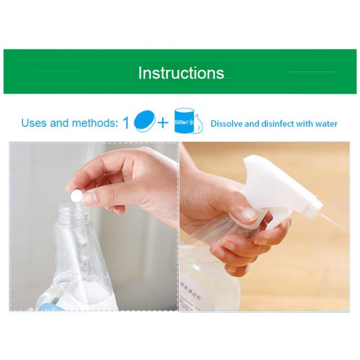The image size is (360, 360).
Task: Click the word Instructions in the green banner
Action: coord(180,72)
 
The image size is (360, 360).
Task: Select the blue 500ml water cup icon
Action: coord(184,121)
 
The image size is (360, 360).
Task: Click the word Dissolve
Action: coord(226,123)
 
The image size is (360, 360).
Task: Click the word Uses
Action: coord(34,123)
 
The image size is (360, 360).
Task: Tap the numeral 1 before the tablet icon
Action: coord(126,123)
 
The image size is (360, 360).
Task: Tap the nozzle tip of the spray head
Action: coord(318,208)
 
